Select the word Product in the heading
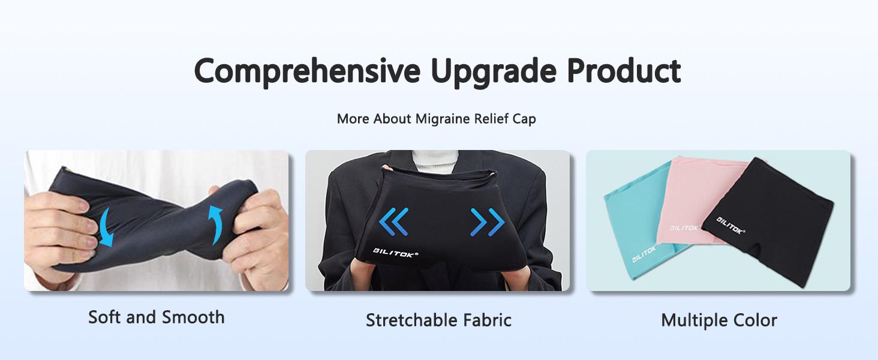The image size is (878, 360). [x=624, y=71]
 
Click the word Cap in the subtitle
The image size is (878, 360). [x=524, y=119]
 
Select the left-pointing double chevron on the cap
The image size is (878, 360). [x=393, y=221]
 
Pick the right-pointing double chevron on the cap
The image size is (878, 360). [x=487, y=222]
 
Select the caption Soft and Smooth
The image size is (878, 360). [x=156, y=317]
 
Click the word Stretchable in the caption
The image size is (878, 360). [x=404, y=320]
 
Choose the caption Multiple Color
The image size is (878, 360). [x=718, y=320]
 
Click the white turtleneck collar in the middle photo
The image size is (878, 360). [x=437, y=160]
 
